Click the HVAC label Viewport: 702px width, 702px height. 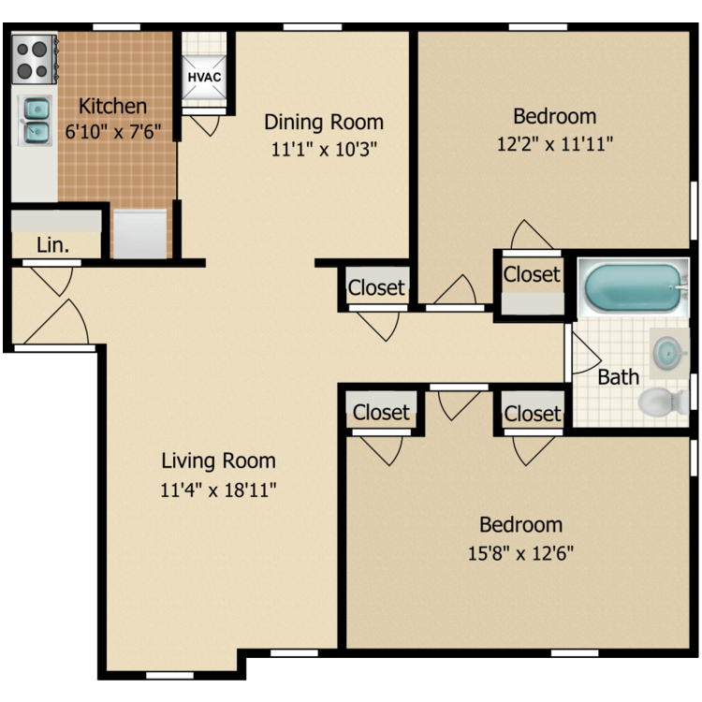204,77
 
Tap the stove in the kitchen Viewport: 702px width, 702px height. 35,59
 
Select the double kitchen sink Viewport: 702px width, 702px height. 35,121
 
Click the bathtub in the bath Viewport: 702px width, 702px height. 633,287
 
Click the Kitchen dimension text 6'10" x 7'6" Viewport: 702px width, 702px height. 113,132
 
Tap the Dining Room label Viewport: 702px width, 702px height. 324,122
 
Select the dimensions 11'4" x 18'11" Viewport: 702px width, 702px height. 218,490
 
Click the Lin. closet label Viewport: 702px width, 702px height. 52,245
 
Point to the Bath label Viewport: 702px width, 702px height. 619,377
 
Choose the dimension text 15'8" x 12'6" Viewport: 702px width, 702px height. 520,553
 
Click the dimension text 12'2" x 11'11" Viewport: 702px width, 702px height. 555,144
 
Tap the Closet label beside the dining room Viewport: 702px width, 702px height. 376,287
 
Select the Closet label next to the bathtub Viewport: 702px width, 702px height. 532,274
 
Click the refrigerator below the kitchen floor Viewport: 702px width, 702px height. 140,234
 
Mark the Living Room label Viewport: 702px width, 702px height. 218,461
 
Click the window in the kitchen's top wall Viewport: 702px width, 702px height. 116,27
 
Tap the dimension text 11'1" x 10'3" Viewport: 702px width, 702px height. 324,149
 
